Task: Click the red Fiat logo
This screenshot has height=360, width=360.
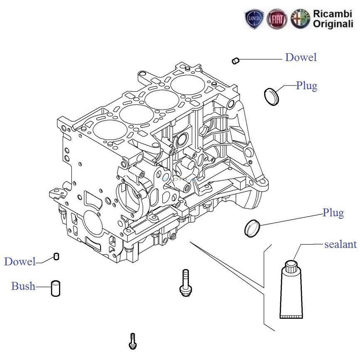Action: [277, 19]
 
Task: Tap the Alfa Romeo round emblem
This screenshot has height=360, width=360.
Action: [300, 19]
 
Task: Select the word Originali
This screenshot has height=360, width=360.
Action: [333, 24]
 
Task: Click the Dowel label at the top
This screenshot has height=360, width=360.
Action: [301, 58]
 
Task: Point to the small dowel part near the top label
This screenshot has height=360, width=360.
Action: [235, 61]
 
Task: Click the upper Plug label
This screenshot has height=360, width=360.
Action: [306, 86]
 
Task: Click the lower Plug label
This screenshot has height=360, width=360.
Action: [333, 213]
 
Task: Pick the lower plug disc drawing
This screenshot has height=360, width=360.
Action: [252, 228]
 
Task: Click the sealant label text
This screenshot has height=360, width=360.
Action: [340, 244]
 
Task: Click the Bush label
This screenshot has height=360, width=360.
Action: [23, 286]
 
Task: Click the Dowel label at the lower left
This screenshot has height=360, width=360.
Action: [20, 262]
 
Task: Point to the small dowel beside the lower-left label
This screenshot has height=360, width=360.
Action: [56, 256]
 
